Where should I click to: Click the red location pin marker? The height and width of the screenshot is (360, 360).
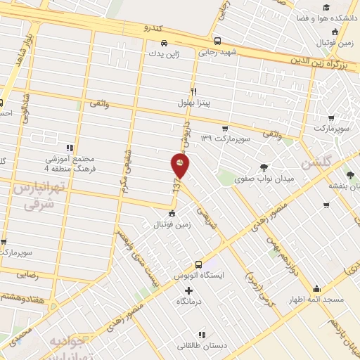pos(180,166)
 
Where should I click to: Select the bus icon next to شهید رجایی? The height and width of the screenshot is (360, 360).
pos(217,41)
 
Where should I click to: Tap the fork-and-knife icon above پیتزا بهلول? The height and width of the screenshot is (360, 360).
pos(194,91)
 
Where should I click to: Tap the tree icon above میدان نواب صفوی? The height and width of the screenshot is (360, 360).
pos(264,167)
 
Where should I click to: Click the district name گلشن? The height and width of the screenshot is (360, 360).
pos(315,166)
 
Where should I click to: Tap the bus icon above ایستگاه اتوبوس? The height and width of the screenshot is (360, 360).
pos(199,264)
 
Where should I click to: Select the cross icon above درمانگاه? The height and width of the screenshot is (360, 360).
pos(188,290)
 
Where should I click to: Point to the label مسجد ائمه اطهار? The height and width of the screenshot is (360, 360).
pos(316,300)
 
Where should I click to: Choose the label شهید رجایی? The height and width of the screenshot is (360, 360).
pos(218,52)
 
